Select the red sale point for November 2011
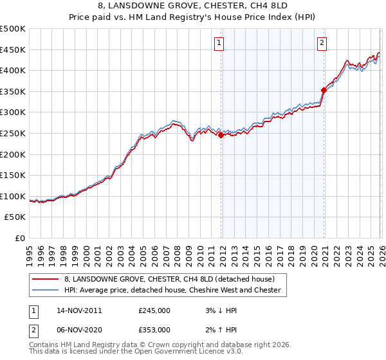tap(221, 136)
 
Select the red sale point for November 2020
tap(324, 91)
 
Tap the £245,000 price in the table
tap(154, 310)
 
